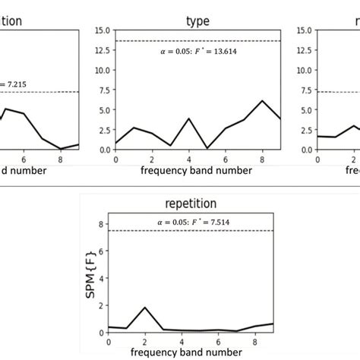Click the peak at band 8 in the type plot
262,101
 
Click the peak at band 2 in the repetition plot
144,308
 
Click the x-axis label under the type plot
197,171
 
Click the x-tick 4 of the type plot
188,159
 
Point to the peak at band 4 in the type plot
188,118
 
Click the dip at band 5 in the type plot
207,148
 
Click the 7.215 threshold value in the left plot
15,83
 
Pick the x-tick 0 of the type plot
115,159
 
